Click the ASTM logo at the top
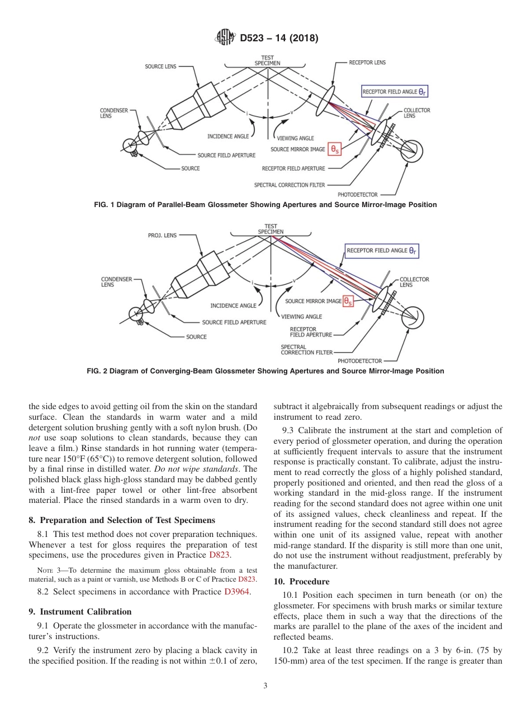[x=225, y=39]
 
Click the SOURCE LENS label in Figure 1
[x=160, y=66]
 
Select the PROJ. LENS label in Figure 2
[x=162, y=235]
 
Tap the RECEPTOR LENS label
[x=367, y=63]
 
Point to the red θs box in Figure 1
[x=335, y=149]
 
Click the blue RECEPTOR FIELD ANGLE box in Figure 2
[x=382, y=251]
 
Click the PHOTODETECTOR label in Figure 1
[x=358, y=194]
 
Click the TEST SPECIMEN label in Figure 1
[x=268, y=60]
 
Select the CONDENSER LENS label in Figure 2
[x=116, y=282]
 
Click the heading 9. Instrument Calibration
[x=80, y=612]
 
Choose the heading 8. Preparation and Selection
[x=121, y=520]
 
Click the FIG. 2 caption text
[x=265, y=371]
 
